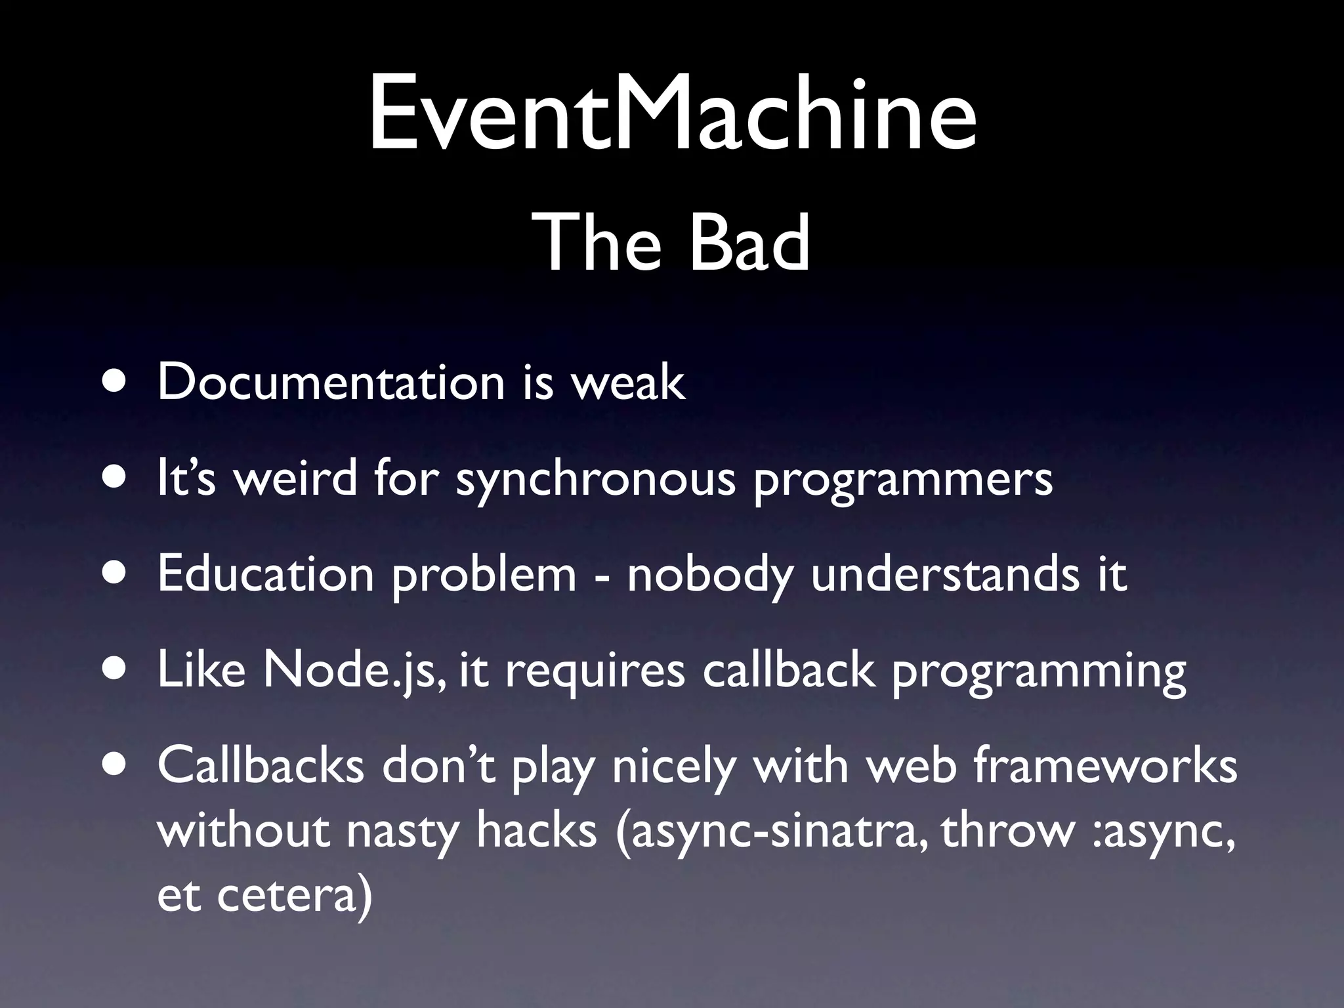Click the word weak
(x=628, y=382)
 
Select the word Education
(x=266, y=574)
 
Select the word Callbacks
(x=261, y=766)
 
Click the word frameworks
(x=1105, y=766)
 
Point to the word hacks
(x=537, y=829)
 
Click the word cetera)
(x=294, y=896)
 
